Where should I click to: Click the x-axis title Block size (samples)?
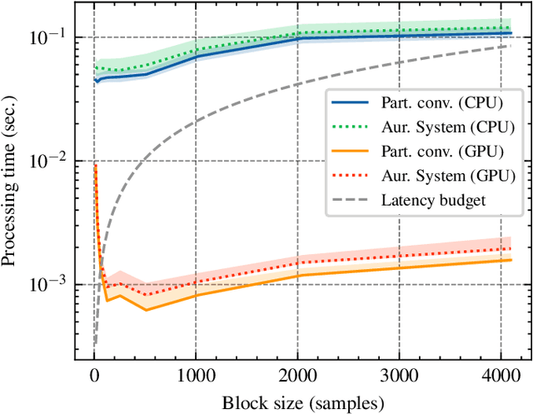[303, 402]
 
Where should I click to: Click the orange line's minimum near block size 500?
[146, 310]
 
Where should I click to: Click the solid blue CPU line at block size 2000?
[297, 38]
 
